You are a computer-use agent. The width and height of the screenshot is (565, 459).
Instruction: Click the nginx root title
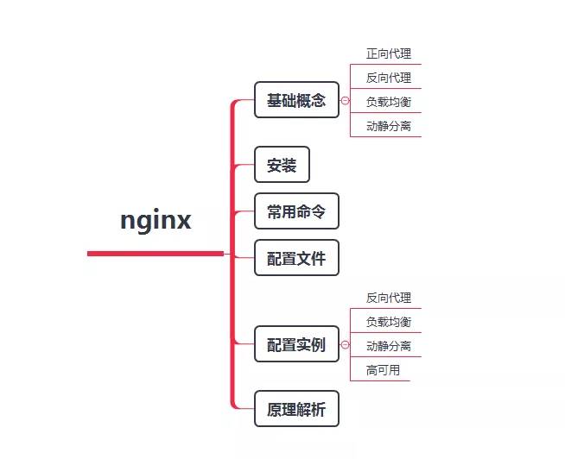point(156,220)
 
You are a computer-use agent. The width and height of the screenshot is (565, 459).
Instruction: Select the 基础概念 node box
point(296,100)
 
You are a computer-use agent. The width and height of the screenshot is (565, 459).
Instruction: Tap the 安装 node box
point(282,165)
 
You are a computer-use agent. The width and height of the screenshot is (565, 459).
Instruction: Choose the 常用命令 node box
point(296,211)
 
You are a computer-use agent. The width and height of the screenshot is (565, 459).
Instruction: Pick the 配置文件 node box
point(296,258)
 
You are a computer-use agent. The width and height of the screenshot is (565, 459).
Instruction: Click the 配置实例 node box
point(296,344)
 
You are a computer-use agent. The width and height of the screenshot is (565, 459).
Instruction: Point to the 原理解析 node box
point(296,409)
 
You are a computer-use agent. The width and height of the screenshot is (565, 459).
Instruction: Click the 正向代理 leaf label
point(388,53)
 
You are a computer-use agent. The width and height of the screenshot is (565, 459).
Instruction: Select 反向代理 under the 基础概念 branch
point(388,78)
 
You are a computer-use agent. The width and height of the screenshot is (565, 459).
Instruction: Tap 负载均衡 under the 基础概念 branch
point(388,102)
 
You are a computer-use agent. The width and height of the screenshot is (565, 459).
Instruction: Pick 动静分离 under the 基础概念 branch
point(388,126)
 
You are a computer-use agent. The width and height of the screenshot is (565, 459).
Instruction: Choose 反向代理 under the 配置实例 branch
point(388,298)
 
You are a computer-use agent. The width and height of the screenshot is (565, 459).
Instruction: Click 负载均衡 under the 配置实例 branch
point(388,322)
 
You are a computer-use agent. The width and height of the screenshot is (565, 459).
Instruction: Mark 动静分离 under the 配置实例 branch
point(388,346)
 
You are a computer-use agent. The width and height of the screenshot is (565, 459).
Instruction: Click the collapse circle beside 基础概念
point(346,101)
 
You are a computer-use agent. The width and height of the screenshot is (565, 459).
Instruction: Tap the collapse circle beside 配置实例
point(346,345)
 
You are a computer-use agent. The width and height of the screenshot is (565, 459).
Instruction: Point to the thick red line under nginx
point(156,254)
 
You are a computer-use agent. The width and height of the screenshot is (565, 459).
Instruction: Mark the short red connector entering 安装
point(244,165)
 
